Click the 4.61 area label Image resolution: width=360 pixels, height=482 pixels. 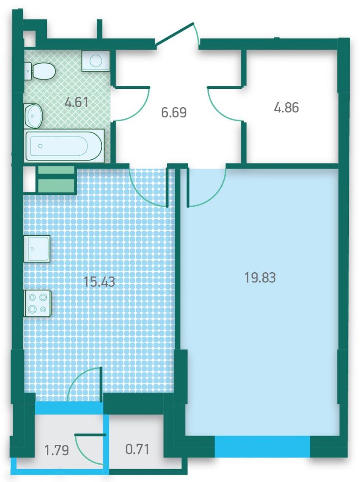pyautogui.click(x=76, y=102)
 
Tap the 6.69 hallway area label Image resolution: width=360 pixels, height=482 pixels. pyautogui.click(x=174, y=112)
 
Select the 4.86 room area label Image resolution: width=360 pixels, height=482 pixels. pyautogui.click(x=286, y=108)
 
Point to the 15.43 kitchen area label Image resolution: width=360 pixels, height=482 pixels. pyautogui.click(x=100, y=282)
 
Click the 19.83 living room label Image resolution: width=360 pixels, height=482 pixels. pyautogui.click(x=260, y=278)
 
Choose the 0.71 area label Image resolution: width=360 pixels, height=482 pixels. pyautogui.click(x=137, y=449)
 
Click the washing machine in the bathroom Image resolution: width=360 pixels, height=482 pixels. pyautogui.click(x=95, y=61)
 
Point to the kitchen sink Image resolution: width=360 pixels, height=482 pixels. pyautogui.click(x=37, y=249)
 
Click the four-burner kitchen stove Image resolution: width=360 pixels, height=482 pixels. pyautogui.click(x=37, y=303)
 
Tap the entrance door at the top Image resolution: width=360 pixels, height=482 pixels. pyautogui.click(x=177, y=34)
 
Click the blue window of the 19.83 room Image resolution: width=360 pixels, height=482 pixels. pyautogui.click(x=262, y=447)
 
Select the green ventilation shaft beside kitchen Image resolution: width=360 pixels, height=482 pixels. pyautogui.click(x=56, y=179)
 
